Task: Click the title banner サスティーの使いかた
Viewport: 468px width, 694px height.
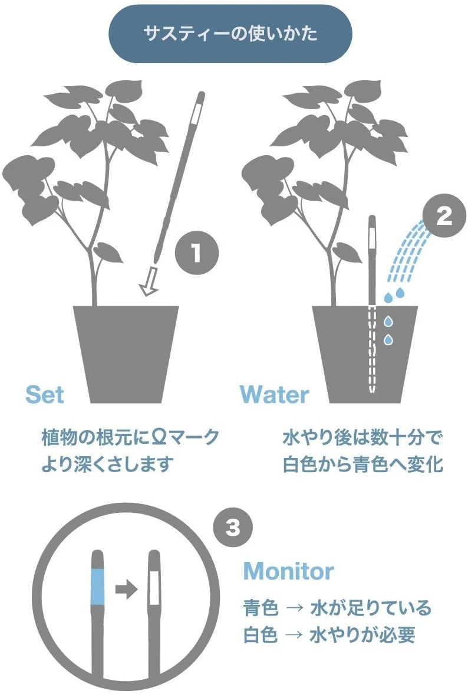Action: (x=230, y=34)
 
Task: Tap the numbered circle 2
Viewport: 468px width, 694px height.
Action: (x=443, y=217)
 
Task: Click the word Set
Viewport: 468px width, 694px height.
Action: (x=44, y=394)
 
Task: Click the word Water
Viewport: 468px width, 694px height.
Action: (x=274, y=394)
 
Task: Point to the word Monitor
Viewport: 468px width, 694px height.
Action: (x=288, y=571)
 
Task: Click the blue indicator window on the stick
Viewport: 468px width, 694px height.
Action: (x=98, y=587)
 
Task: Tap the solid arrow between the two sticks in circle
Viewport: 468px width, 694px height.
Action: (x=126, y=588)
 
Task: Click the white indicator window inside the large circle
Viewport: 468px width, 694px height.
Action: (x=154, y=587)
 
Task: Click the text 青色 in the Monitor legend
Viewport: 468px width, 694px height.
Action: (x=261, y=607)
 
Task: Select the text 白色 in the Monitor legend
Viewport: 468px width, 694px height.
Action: (x=261, y=635)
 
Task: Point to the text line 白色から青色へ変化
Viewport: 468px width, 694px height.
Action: (x=362, y=464)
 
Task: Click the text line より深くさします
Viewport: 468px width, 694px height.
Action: (x=108, y=464)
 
